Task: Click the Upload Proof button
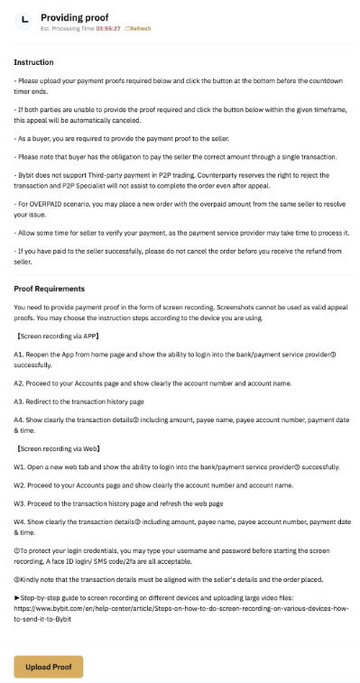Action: tap(49, 666)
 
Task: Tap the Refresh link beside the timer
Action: tap(138, 29)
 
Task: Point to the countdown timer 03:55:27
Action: tap(109, 29)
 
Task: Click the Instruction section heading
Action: tap(33, 62)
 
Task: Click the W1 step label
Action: tap(19, 466)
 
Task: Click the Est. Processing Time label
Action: tap(68, 29)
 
